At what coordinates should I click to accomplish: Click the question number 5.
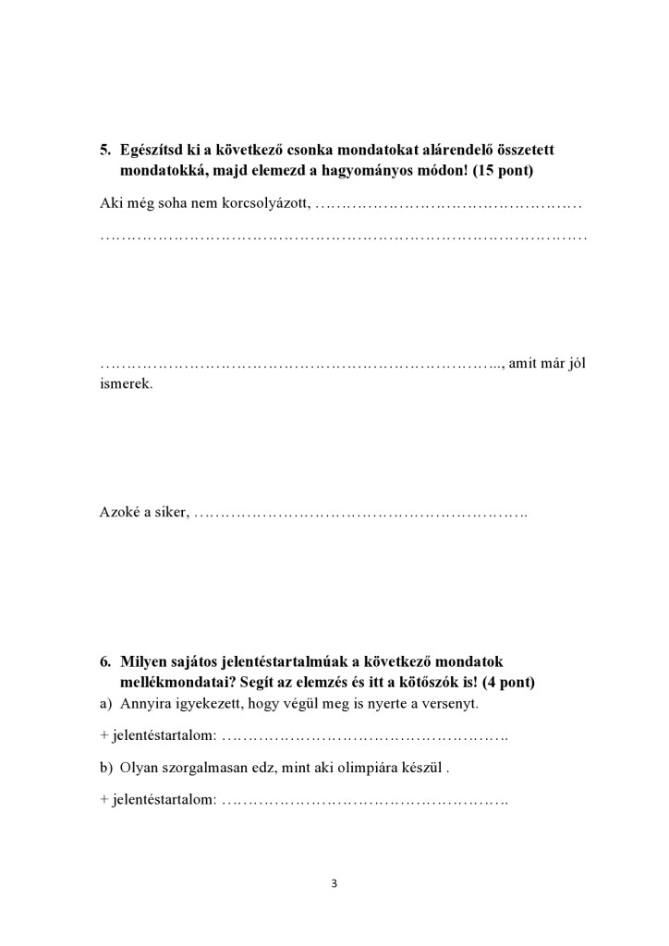click(x=104, y=150)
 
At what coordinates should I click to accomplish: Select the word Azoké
click(x=118, y=512)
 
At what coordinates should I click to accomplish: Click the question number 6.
click(x=104, y=661)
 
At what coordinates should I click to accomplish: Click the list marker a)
click(x=105, y=704)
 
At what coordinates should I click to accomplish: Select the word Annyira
click(x=144, y=704)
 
